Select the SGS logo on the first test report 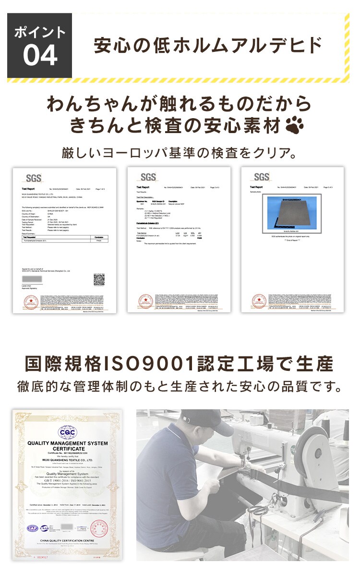(x=34, y=177)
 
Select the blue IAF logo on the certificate (x=33, y=528)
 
